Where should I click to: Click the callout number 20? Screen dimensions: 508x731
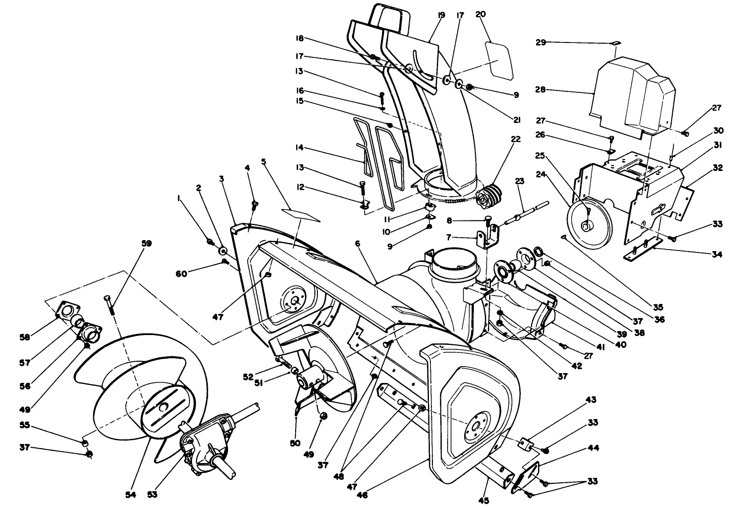480,14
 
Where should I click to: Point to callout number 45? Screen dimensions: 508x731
484,501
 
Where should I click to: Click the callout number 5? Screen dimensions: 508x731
264,162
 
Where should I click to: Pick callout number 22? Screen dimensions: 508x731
516,139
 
